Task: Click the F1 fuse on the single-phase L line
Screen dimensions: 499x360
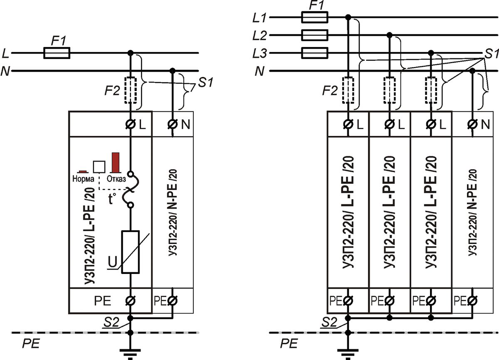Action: [57, 53]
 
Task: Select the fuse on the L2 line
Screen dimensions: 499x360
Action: [314, 35]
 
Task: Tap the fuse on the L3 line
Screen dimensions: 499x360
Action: [314, 53]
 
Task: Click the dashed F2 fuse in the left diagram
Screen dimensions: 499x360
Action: [131, 90]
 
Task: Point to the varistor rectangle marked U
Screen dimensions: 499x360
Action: [130, 252]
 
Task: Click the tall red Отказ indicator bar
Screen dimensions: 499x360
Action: [116, 163]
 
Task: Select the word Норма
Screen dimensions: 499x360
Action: [83, 179]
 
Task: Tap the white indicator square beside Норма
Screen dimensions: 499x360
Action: [99, 167]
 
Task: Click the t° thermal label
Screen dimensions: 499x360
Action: [112, 199]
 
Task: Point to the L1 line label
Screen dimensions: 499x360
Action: [259, 18]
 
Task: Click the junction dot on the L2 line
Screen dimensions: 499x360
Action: [389, 35]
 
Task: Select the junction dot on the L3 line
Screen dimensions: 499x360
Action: [431, 53]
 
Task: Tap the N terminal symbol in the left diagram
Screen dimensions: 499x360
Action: [173, 124]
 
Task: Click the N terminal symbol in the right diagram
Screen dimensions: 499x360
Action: [472, 124]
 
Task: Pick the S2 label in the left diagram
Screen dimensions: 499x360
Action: [111, 322]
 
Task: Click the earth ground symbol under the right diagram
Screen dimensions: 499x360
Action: [348, 354]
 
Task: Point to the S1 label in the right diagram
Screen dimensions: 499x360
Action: [492, 54]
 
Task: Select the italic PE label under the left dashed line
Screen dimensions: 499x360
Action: [31, 343]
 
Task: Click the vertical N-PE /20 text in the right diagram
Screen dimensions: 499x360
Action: [472, 212]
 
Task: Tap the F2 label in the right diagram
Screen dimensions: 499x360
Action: [330, 91]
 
